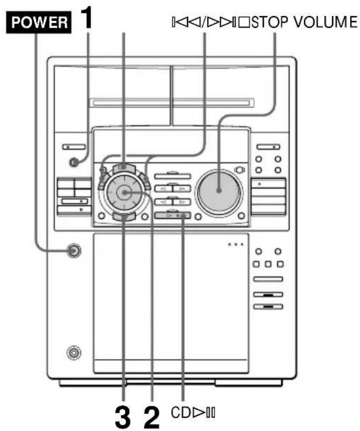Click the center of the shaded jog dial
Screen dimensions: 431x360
125,192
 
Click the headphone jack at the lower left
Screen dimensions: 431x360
74,351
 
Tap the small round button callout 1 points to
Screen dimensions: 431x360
75,162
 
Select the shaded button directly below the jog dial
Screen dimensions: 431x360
124,215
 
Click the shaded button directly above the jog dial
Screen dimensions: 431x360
123,168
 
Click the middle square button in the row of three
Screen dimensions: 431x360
268,263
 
